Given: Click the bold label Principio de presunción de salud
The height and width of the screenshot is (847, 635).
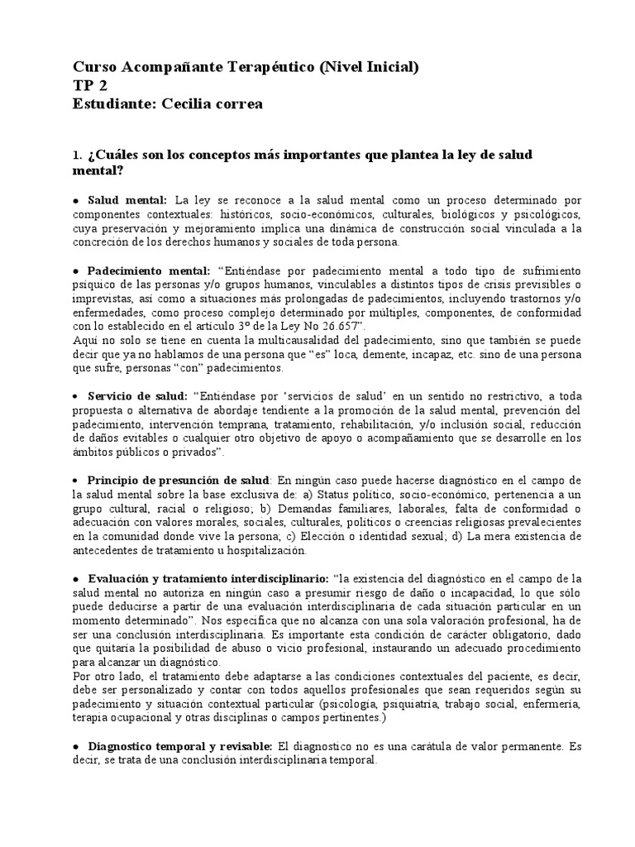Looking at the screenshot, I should point(178,481).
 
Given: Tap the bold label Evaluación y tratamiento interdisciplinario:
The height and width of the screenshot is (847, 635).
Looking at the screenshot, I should point(207,578).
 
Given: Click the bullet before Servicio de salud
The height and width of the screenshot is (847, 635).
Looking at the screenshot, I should point(76,396).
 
